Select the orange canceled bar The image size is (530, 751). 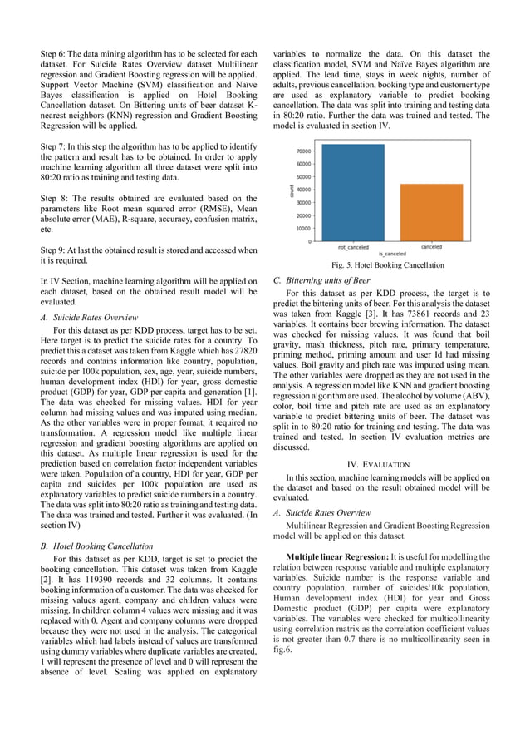431,213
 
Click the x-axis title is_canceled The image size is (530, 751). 392,253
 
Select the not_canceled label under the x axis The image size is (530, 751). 353,247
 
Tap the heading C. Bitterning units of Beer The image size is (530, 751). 321,280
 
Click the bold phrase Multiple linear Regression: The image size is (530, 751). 332,556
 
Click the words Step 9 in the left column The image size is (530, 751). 54,250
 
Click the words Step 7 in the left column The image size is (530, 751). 54,144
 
